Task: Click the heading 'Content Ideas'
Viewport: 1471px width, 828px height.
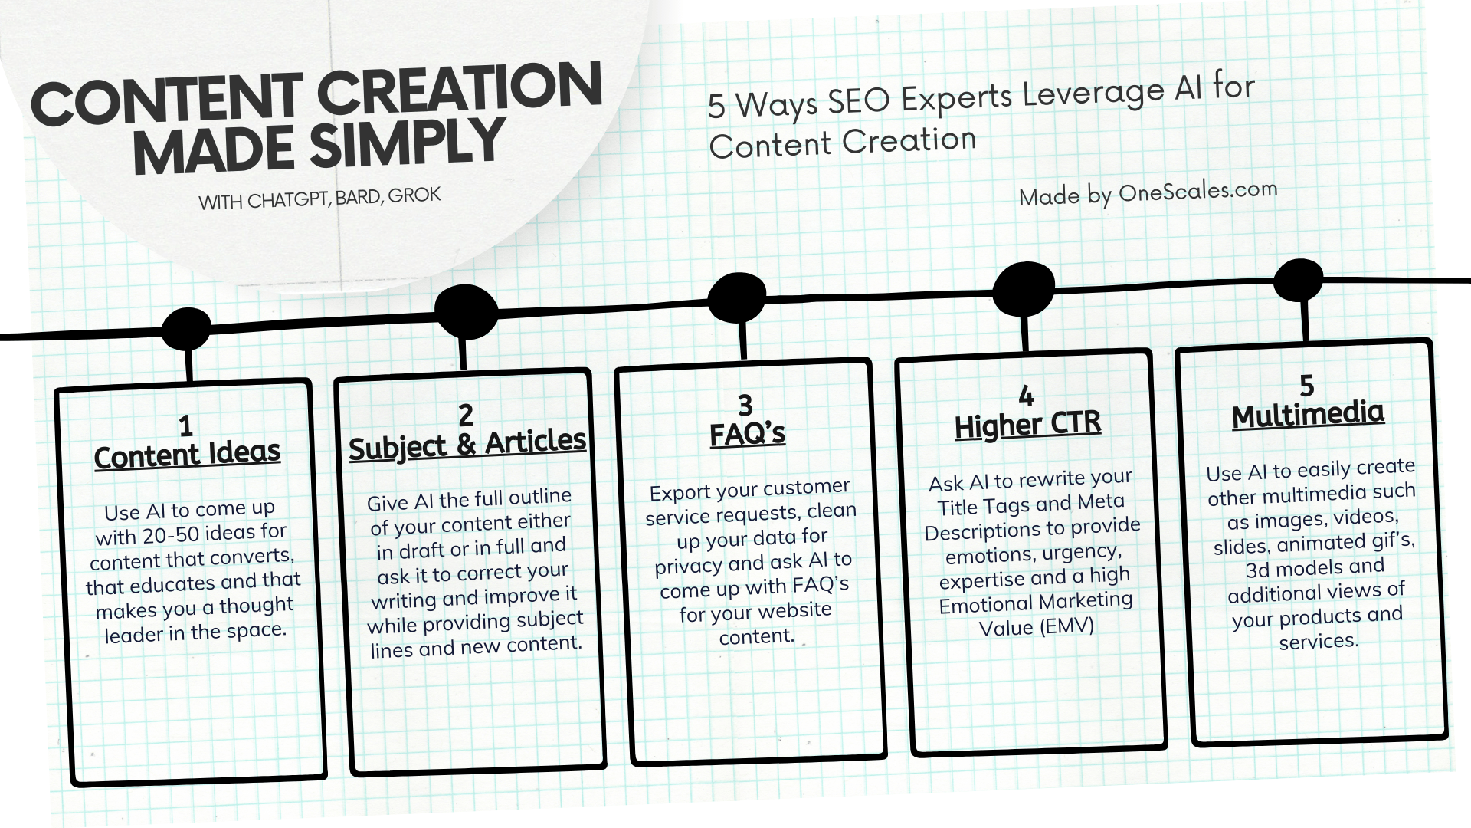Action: coord(188,455)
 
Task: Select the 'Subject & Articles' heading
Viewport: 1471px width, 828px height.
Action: coord(467,444)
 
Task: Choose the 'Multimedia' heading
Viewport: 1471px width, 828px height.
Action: coord(1308,415)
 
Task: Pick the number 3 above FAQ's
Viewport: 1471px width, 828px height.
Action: coord(745,405)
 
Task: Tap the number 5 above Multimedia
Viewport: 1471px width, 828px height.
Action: coord(1306,385)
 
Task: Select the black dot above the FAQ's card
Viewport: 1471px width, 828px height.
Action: coord(737,297)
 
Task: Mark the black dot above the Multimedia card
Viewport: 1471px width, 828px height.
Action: coord(1298,280)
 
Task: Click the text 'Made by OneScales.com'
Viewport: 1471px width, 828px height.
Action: coord(1148,194)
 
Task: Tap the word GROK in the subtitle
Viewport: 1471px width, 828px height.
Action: coord(414,195)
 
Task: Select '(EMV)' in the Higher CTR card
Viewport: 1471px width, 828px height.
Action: coord(1066,626)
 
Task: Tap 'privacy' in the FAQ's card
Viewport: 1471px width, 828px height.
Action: coord(687,566)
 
